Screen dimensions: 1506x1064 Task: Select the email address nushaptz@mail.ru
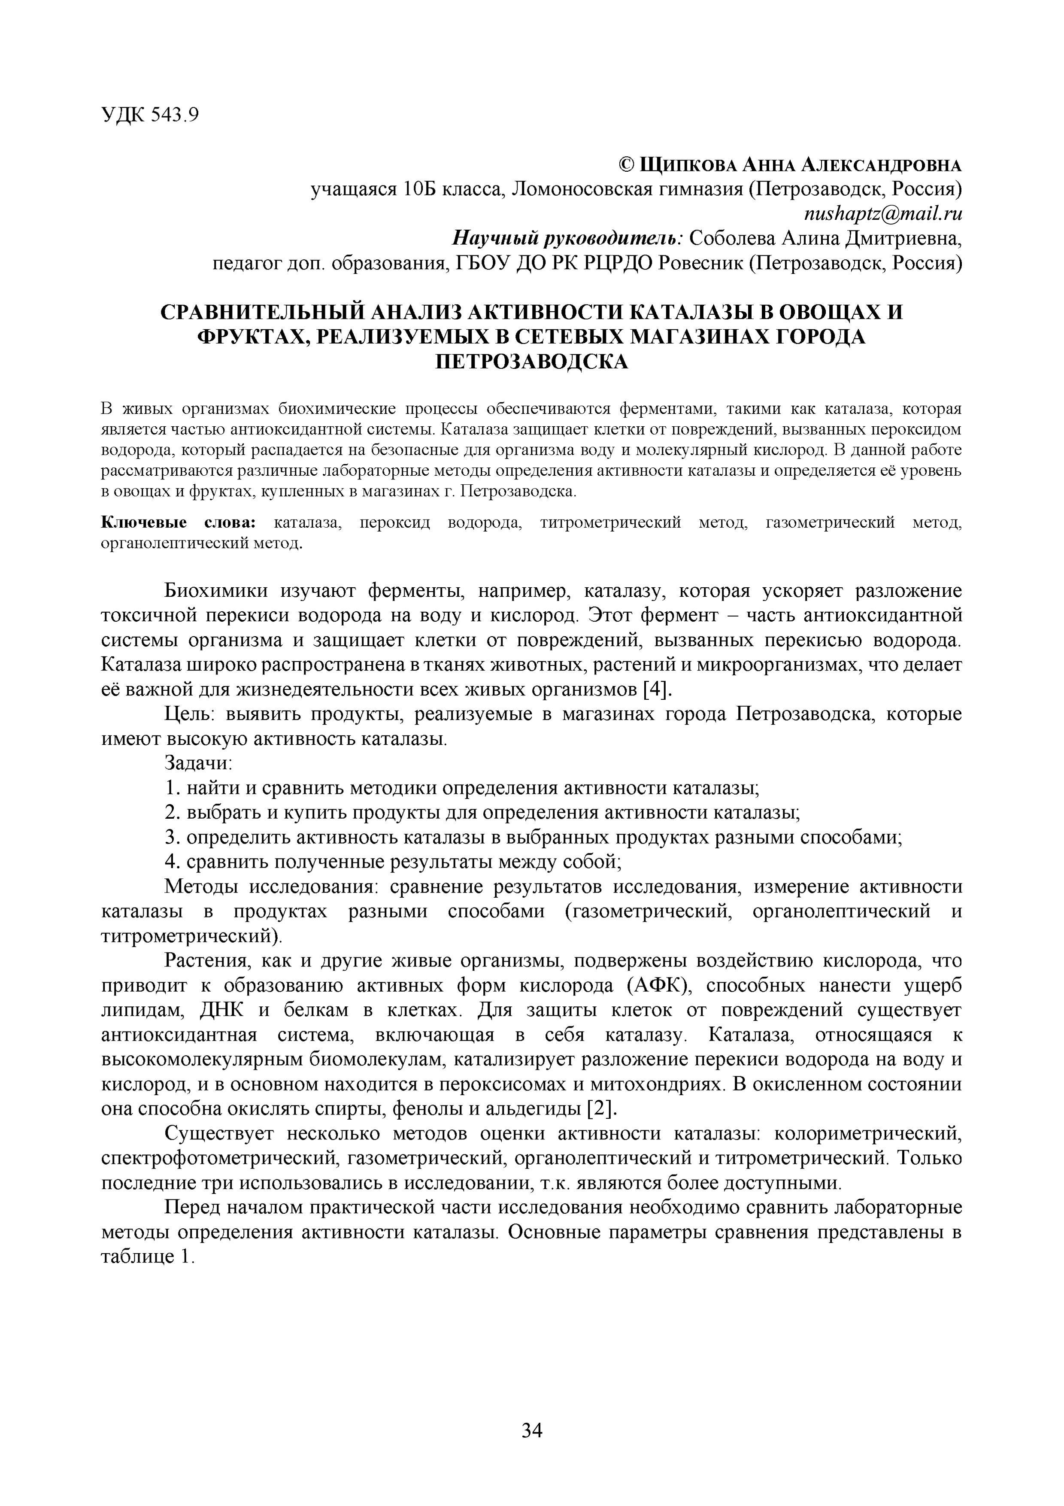tap(882, 214)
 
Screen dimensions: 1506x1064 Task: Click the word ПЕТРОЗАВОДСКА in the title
tap(532, 361)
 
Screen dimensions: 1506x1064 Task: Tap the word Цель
tap(185, 714)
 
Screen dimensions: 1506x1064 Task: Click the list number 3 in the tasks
tap(170, 838)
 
